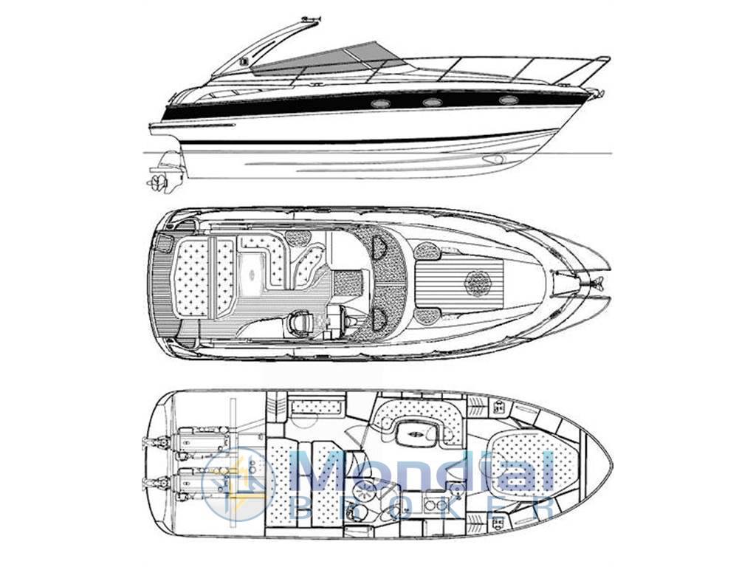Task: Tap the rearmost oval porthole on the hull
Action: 379,103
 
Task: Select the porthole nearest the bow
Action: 508,100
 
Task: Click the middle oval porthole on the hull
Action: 431,102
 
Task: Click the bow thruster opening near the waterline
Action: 493,159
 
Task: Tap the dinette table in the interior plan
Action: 416,433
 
